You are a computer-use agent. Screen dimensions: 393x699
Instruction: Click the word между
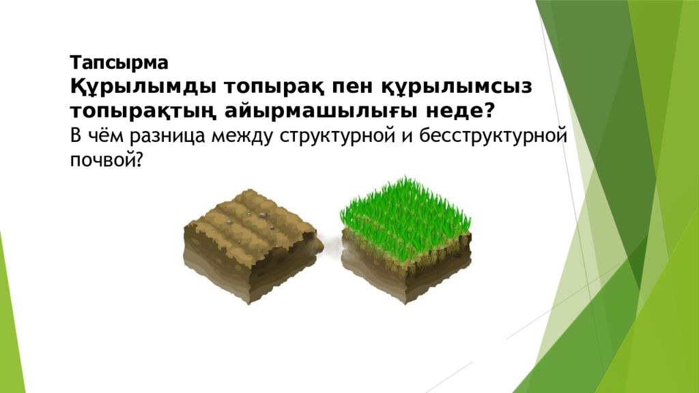(242, 135)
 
